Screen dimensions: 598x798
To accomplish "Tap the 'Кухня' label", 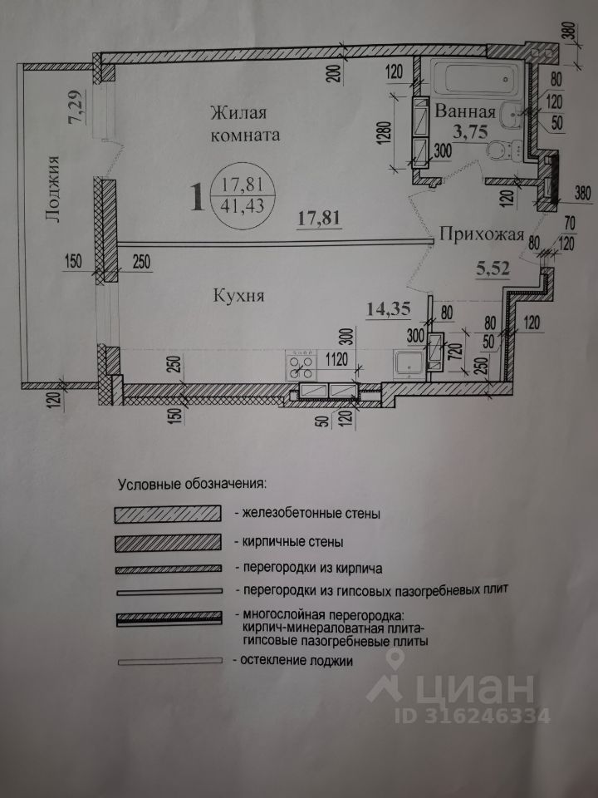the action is coord(239,293).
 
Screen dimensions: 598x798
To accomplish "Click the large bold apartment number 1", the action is coord(197,198).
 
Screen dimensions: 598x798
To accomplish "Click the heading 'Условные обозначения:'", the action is coord(191,482).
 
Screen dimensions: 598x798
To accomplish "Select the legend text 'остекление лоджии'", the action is coord(294,661).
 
